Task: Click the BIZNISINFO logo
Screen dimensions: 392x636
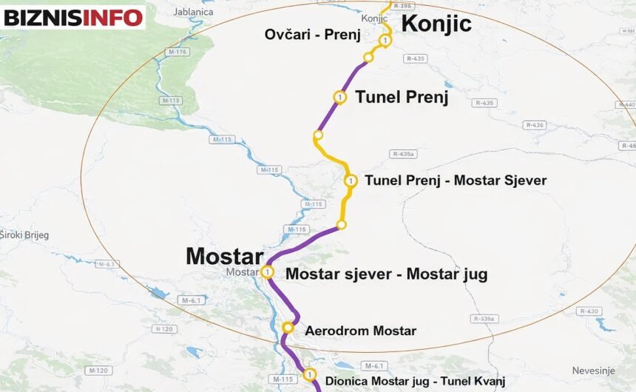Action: point(72,16)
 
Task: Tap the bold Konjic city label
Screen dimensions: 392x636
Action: point(436,24)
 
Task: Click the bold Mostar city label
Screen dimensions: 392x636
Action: point(224,256)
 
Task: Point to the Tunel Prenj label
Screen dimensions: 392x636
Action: point(402,97)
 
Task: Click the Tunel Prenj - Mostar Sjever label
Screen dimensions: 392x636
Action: point(456,180)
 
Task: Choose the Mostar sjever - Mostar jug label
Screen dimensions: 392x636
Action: point(386,274)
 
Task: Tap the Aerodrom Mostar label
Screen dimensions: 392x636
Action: point(360,331)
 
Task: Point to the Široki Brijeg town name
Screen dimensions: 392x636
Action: point(24,235)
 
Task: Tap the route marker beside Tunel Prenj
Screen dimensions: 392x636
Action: point(339,97)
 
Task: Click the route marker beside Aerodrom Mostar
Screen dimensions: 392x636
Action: point(288,328)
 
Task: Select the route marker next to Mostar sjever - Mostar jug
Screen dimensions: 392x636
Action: point(267,272)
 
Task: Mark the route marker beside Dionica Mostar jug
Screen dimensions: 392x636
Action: point(309,375)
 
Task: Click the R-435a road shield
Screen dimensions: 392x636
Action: point(404,154)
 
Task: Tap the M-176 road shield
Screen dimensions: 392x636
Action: point(178,52)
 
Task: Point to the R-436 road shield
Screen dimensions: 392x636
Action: point(534,125)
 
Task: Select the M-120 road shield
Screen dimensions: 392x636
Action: point(98,370)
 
